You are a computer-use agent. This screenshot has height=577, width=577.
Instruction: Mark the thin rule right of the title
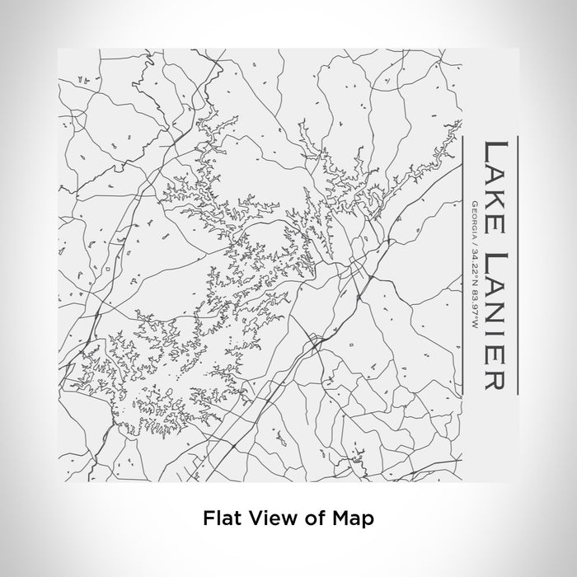[x=517, y=263]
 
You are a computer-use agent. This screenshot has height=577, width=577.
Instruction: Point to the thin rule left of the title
[x=462, y=263]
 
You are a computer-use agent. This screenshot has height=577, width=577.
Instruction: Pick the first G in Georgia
[x=472, y=203]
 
